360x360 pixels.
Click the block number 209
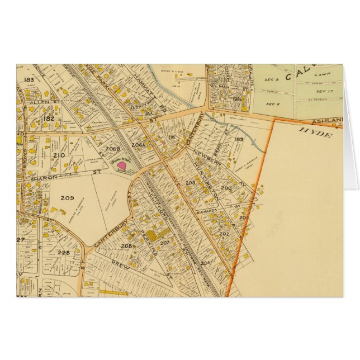[67, 198]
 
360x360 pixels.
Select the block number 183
[29, 80]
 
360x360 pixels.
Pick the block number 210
[59, 155]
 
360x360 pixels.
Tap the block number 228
[63, 252]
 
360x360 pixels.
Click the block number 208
[126, 246]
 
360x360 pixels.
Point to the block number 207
[164, 243]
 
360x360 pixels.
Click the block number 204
[205, 262]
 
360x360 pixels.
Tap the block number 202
[225, 234]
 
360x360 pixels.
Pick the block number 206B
[112, 149]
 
